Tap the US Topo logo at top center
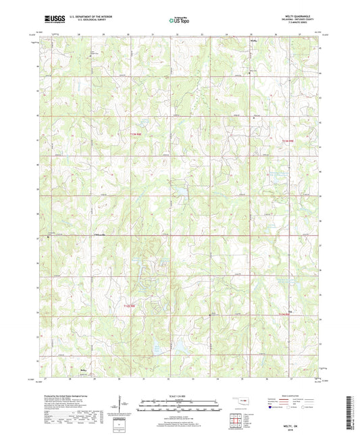[180, 21]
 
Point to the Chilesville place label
[97, 234]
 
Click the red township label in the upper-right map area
[288, 140]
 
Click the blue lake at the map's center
[179, 193]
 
